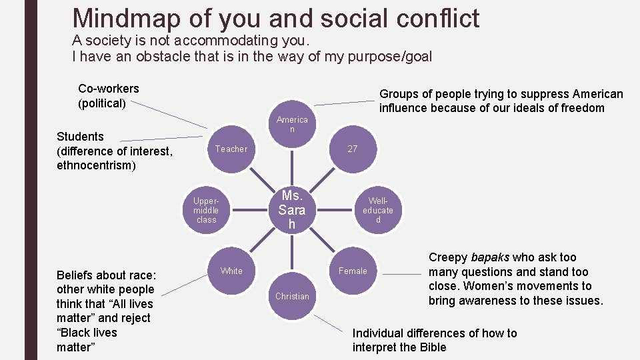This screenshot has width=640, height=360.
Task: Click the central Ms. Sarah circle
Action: coord(292,210)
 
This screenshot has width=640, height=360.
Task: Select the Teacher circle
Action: coord(231,149)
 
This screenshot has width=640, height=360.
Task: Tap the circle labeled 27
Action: coord(353,149)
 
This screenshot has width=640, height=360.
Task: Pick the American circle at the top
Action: coord(292,124)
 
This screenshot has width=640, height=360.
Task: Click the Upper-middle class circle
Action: coord(207,210)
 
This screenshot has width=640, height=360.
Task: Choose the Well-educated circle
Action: coord(378,210)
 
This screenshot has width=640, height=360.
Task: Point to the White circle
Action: coord(231,271)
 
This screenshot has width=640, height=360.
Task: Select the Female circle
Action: coord(353,271)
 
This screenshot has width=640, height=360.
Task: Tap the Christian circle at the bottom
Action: coord(292,296)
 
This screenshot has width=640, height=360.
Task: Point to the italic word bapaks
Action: coord(490,257)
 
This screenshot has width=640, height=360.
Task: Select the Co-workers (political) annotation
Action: coord(109,96)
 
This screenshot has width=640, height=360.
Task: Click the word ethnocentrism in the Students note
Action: coord(96,165)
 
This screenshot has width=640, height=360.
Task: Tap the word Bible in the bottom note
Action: coord(433,347)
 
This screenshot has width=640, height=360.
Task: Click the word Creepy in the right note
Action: coord(448,257)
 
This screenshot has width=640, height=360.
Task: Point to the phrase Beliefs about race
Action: coord(107,275)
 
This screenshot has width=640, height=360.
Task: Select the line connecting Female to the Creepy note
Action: coord(401,274)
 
